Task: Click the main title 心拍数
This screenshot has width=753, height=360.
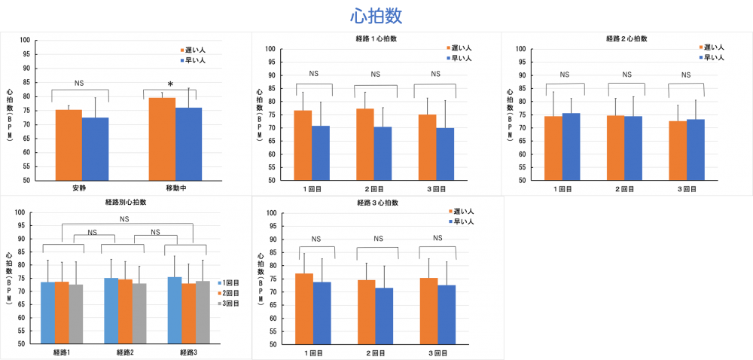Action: [x=376, y=16]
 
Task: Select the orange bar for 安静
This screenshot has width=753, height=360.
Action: [x=69, y=145]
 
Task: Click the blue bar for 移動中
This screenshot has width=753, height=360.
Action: [x=188, y=144]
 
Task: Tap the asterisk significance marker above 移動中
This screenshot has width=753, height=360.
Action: [x=170, y=84]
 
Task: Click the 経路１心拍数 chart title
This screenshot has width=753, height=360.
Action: [x=376, y=38]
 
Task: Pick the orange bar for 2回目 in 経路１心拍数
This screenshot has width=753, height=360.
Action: [x=364, y=145]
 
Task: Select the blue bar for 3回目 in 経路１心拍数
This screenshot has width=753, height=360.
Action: [x=445, y=154]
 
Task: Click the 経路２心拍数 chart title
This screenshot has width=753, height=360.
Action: [x=626, y=38]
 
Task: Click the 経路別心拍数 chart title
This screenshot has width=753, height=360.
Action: [x=126, y=202]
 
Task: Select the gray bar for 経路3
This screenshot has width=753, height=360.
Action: [x=202, y=312]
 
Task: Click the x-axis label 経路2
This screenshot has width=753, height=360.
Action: [x=125, y=352]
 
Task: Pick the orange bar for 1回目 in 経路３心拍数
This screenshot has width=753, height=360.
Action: [x=303, y=308]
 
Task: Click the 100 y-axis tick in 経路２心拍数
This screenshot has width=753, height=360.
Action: [x=520, y=49]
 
